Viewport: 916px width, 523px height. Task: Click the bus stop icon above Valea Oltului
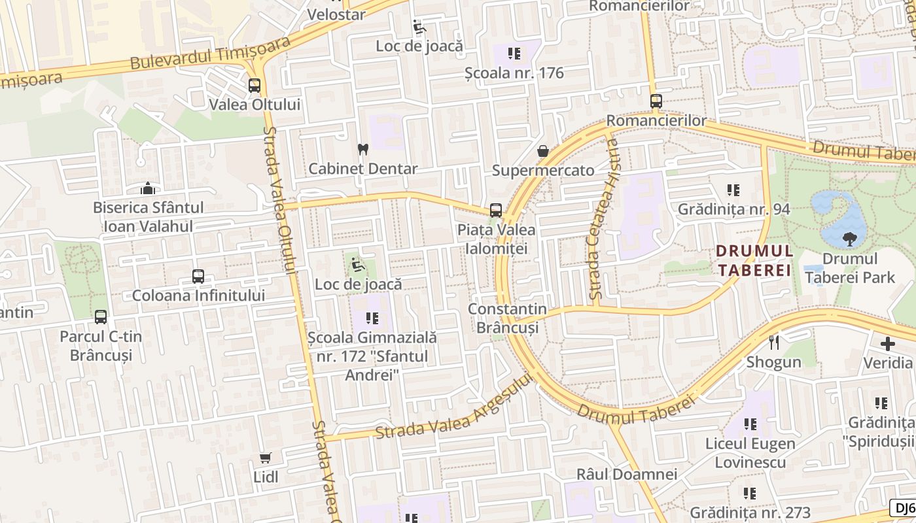click(x=255, y=86)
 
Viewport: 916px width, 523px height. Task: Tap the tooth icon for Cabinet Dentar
click(x=362, y=150)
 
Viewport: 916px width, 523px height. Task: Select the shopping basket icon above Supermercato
click(x=543, y=152)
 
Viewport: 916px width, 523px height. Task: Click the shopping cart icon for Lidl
click(x=266, y=458)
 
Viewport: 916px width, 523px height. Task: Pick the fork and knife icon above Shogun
click(x=774, y=342)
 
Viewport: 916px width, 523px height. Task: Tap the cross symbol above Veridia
click(x=888, y=343)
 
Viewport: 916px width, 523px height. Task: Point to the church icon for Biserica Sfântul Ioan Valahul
click(x=149, y=189)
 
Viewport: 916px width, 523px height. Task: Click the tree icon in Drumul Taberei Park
click(x=850, y=239)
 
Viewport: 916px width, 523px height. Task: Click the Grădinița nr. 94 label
click(x=733, y=209)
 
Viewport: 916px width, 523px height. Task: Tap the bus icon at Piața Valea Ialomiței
click(x=496, y=211)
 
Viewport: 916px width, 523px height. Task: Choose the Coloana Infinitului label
click(x=198, y=295)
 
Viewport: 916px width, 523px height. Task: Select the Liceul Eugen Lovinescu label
click(x=750, y=453)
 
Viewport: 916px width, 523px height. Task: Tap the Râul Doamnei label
click(x=626, y=474)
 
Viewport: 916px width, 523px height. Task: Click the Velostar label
click(x=336, y=14)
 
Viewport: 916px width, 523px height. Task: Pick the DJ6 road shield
click(x=903, y=508)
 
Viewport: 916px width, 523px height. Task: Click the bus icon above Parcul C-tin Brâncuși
click(x=101, y=317)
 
